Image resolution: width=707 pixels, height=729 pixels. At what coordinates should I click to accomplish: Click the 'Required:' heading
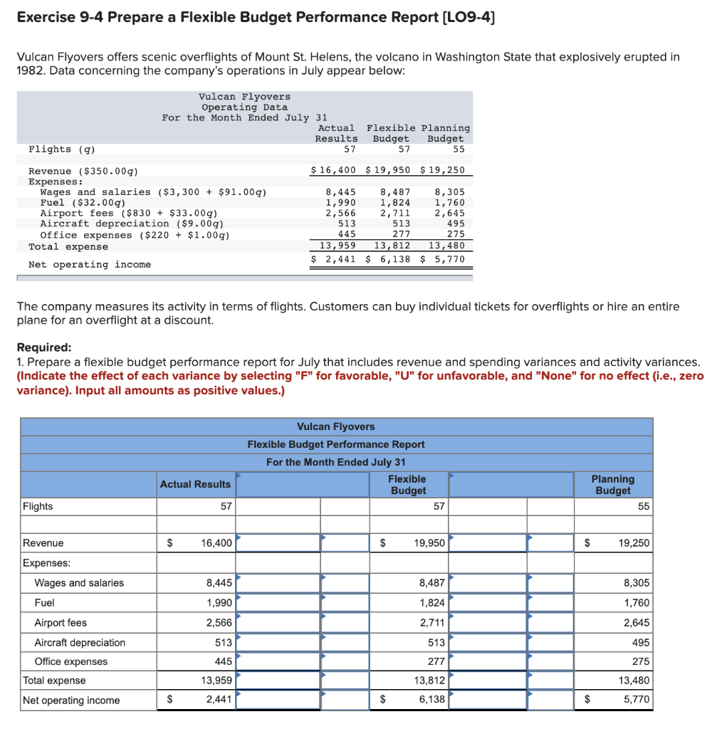(x=44, y=347)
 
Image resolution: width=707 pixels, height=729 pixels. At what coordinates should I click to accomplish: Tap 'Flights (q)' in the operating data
(x=61, y=150)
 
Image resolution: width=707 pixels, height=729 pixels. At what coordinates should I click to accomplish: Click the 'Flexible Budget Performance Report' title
(x=336, y=444)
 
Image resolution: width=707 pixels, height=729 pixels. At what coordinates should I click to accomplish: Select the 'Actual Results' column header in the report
(x=195, y=484)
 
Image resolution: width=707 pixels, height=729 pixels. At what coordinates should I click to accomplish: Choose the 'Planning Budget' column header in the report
(x=612, y=485)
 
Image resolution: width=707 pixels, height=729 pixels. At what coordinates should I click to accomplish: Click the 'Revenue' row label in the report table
(x=43, y=543)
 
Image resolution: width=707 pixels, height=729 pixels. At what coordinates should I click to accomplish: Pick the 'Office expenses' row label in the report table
(x=71, y=661)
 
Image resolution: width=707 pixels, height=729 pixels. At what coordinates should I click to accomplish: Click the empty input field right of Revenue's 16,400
(x=278, y=543)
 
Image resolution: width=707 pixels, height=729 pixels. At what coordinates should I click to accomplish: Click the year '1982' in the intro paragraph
(x=30, y=71)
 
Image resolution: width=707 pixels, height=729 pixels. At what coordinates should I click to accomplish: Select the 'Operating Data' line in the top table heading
(x=244, y=107)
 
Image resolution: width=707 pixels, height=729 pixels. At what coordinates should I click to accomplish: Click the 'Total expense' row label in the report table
(x=54, y=681)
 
